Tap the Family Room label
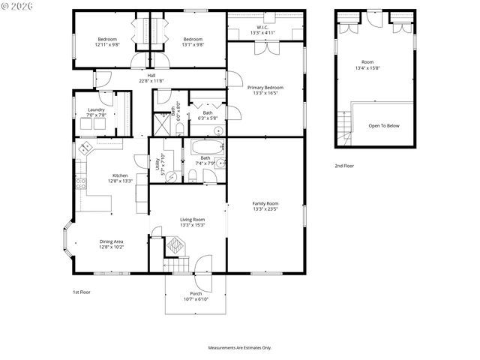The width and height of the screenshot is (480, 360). pyautogui.click(x=265, y=203)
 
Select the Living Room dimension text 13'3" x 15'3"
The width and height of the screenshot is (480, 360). pyautogui.click(x=192, y=225)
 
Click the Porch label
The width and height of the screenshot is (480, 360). pyautogui.click(x=196, y=293)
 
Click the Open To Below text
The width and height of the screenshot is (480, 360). pyautogui.click(x=384, y=125)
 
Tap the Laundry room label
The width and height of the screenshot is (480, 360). pyautogui.click(x=96, y=109)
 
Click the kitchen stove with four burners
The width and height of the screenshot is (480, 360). pyautogui.click(x=86, y=146)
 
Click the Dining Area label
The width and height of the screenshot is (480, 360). pyautogui.click(x=111, y=241)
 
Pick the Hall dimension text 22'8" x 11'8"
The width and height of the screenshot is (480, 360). pyautogui.click(x=151, y=81)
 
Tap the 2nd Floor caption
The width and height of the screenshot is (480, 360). pyautogui.click(x=344, y=166)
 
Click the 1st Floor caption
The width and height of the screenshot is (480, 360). pyautogui.click(x=81, y=292)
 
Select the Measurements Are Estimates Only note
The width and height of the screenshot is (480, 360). pyautogui.click(x=240, y=347)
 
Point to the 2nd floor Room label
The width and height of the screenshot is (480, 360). pyautogui.click(x=367, y=62)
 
